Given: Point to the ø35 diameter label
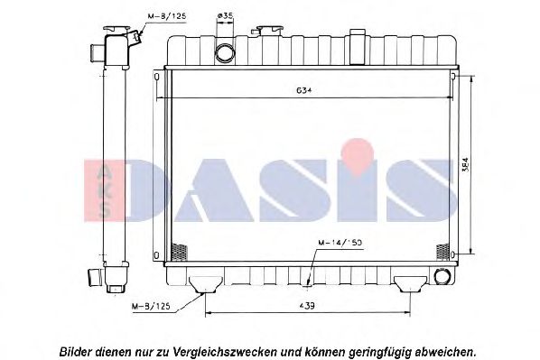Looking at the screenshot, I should (225, 15).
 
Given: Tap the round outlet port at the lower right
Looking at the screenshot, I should (442, 277).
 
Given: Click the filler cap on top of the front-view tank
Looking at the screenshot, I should (268, 32).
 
